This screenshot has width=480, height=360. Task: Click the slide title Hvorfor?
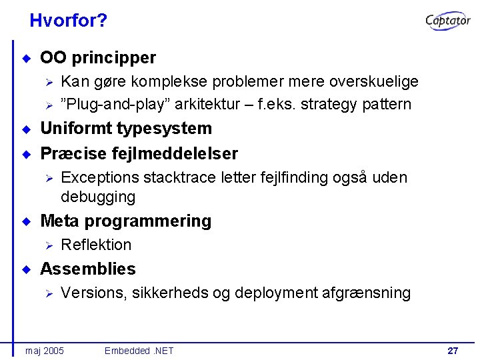[68, 21]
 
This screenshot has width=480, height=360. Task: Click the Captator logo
[448, 21]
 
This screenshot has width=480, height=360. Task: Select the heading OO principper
[98, 58]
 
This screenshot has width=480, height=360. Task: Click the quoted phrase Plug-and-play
[119, 104]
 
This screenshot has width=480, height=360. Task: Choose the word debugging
[98, 197]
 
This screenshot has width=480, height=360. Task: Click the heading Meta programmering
[125, 221]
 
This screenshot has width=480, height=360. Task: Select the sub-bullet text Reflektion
[96, 245]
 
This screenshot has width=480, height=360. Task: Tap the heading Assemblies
[87, 269]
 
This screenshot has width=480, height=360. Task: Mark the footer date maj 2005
[44, 350]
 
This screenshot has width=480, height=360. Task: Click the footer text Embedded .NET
[139, 350]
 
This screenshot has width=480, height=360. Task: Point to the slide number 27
[453, 350]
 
